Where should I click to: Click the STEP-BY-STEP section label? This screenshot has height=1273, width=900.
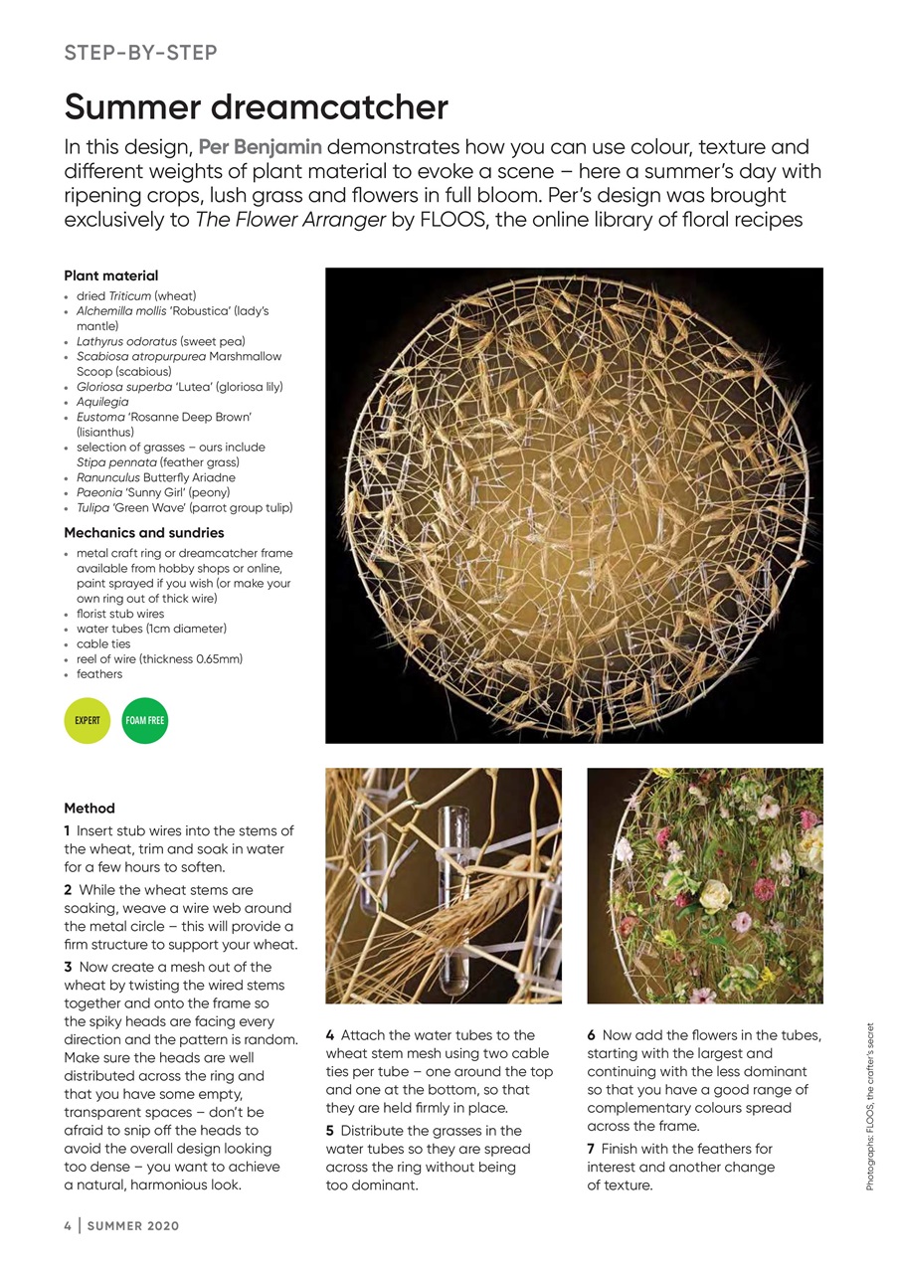pos(140,53)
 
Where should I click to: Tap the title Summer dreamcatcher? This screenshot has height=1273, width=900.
pos(256,106)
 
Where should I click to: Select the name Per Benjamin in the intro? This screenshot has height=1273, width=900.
pos(261,147)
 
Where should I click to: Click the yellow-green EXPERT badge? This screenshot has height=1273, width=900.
pos(88,720)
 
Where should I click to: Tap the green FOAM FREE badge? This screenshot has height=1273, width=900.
pos(145,720)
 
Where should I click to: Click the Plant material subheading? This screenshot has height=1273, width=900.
pos(110,275)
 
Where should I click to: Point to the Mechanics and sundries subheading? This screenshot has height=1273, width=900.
pos(143,533)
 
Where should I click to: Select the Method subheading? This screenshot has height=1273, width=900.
pos(90,809)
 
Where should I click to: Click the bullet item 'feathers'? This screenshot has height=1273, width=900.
pos(99,674)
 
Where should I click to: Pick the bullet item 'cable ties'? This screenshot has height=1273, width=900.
pos(103,643)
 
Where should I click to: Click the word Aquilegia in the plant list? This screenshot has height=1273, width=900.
pos(102,402)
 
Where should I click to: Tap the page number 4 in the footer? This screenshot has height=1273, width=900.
pos(68,1226)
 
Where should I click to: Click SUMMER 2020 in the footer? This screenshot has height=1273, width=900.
pos(133,1226)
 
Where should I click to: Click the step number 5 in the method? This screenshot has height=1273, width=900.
pos(330,1131)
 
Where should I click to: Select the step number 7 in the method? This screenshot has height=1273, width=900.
pos(591,1149)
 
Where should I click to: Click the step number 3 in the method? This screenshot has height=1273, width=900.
pos(68,967)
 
